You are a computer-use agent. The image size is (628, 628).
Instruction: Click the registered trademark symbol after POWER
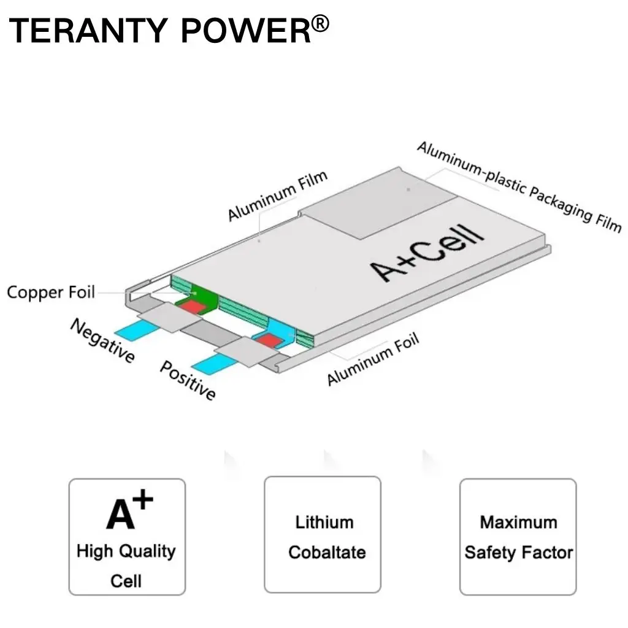pyautogui.click(x=320, y=25)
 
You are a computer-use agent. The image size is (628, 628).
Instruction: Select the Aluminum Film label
pyautogui.click(x=278, y=196)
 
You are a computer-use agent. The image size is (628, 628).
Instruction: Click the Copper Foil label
pyautogui.click(x=51, y=292)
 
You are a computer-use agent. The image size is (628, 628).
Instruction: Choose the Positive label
pyautogui.click(x=188, y=380)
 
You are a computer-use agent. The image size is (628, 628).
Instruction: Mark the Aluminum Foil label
pyautogui.click(x=372, y=359)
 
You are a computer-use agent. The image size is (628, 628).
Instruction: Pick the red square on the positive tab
pyautogui.click(x=267, y=340)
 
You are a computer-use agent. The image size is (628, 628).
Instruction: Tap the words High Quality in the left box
pyautogui.click(x=126, y=551)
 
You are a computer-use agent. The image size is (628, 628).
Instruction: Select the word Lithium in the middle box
pyautogui.click(x=324, y=523)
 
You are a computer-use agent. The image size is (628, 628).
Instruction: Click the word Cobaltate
pyautogui.click(x=327, y=552)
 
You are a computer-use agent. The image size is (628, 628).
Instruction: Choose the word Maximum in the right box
pyautogui.click(x=518, y=523)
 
